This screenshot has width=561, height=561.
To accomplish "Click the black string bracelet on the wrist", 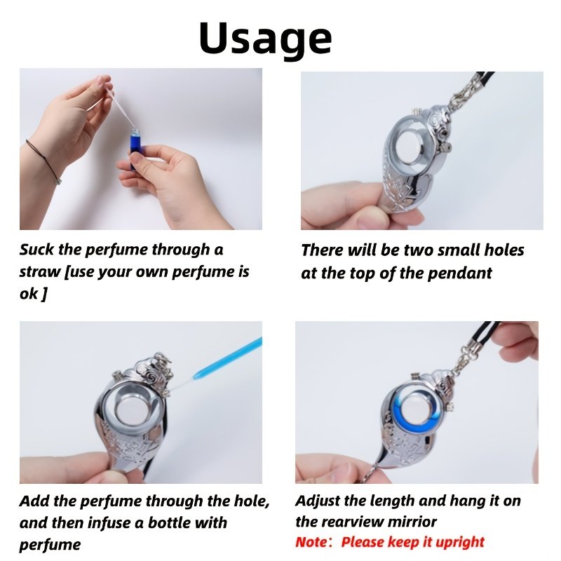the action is [x=43, y=161].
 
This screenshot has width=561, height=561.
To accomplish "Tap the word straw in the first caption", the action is [x=39, y=272].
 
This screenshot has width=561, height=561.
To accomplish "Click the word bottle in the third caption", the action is [x=168, y=522].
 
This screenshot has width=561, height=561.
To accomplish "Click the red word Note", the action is [x=310, y=542].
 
